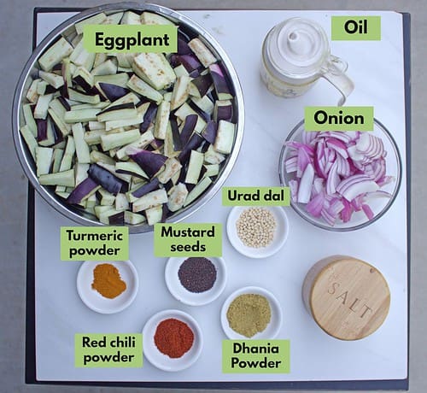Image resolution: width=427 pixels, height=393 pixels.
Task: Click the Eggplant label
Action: (x=131, y=39)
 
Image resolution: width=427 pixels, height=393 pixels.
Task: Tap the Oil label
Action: (x=356, y=28)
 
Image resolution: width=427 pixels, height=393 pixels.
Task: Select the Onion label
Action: (x=339, y=118)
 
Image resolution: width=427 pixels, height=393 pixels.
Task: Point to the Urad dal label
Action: (x=255, y=196)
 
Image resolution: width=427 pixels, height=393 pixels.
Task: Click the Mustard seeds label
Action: (x=188, y=239)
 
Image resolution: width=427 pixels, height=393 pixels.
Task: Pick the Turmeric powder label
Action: (x=95, y=243)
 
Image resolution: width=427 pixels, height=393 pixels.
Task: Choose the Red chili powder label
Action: (x=108, y=349)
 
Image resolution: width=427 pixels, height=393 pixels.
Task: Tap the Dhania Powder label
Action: (x=256, y=356)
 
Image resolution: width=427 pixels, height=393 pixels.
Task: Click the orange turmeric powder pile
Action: (x=108, y=281)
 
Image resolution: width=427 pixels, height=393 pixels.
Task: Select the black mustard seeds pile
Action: (x=197, y=274)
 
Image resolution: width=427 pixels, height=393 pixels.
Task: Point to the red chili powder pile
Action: (x=174, y=338)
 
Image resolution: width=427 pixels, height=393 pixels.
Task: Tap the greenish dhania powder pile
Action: (x=249, y=315)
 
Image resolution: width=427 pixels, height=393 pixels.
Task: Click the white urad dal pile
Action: (x=256, y=227)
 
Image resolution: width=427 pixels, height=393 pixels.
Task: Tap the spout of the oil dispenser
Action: (x=294, y=36)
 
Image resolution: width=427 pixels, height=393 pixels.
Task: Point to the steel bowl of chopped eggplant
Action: (x=128, y=118)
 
